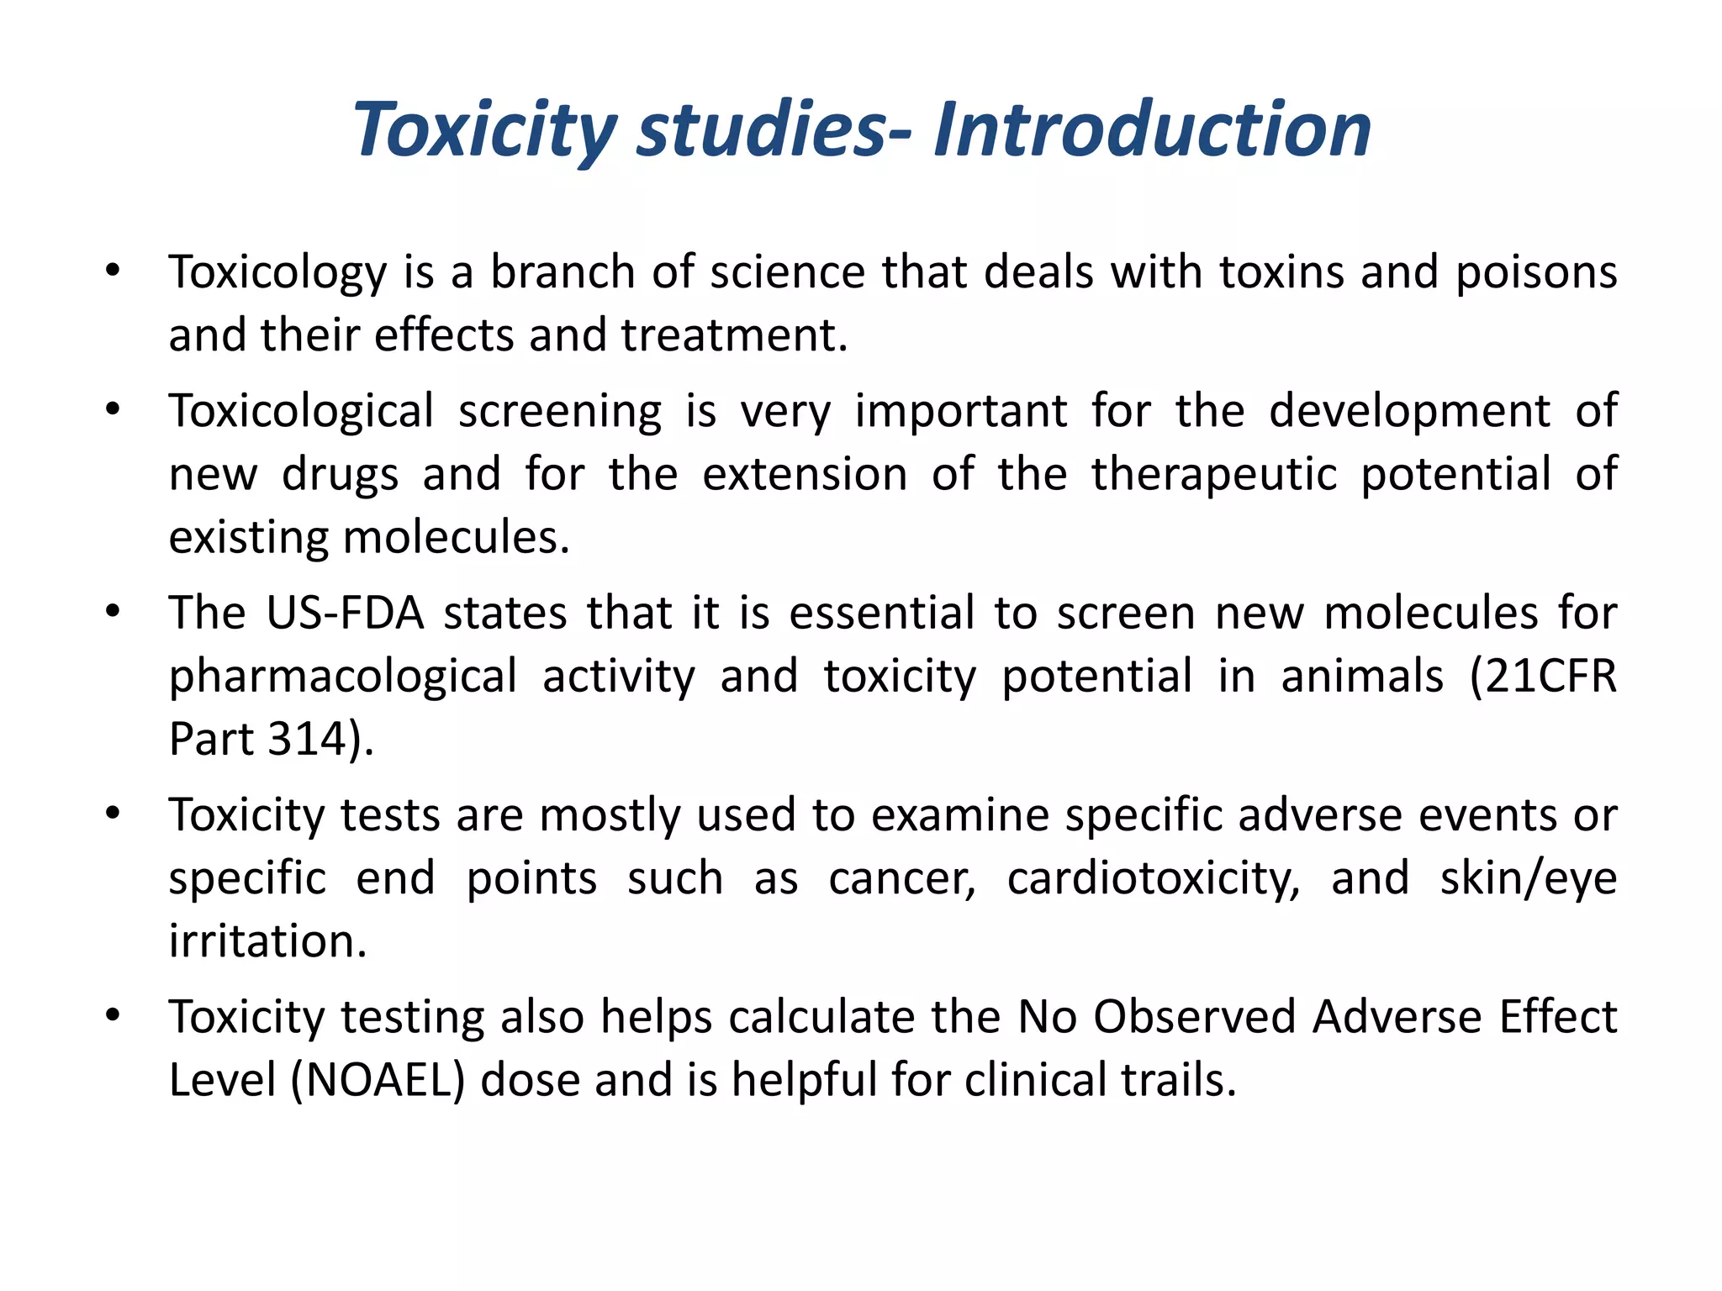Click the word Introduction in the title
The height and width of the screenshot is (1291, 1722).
[x=1152, y=129]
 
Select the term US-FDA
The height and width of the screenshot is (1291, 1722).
[x=345, y=613]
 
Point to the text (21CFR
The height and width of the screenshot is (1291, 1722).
[x=1543, y=677]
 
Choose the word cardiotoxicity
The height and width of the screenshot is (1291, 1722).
[x=1153, y=879]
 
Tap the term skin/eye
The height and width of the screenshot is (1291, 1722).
[x=1528, y=879]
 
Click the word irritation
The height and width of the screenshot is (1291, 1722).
[x=267, y=941]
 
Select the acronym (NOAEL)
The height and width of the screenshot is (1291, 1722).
[x=378, y=1080]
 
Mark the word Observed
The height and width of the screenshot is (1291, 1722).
[x=1194, y=1017]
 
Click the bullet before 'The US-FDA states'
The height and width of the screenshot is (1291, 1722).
[x=114, y=611]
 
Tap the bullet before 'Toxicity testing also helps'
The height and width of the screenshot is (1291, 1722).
[x=114, y=1015]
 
